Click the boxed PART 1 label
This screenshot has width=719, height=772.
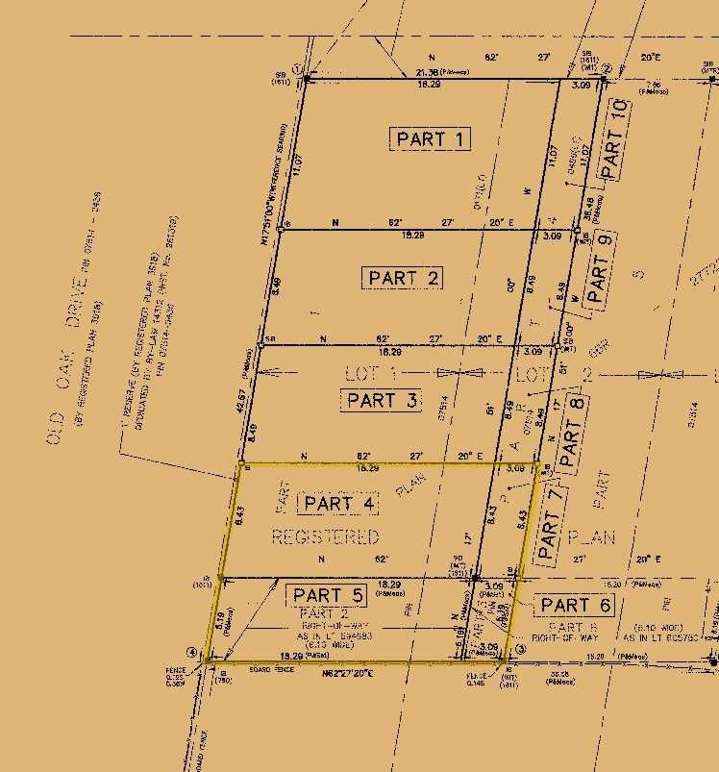(x=433, y=139)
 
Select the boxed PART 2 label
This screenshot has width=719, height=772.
(x=405, y=278)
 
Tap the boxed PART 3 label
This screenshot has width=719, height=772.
(x=382, y=400)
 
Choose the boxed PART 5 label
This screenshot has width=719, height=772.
(x=329, y=595)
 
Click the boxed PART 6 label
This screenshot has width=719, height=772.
(x=576, y=605)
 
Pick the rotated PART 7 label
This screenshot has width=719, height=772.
(x=549, y=524)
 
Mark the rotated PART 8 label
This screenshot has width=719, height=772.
(x=575, y=433)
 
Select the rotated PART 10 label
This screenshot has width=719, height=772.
(x=615, y=137)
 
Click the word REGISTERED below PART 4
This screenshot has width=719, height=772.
(x=325, y=536)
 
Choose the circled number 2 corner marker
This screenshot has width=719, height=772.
(x=607, y=68)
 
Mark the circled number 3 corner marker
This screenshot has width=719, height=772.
(x=521, y=650)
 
